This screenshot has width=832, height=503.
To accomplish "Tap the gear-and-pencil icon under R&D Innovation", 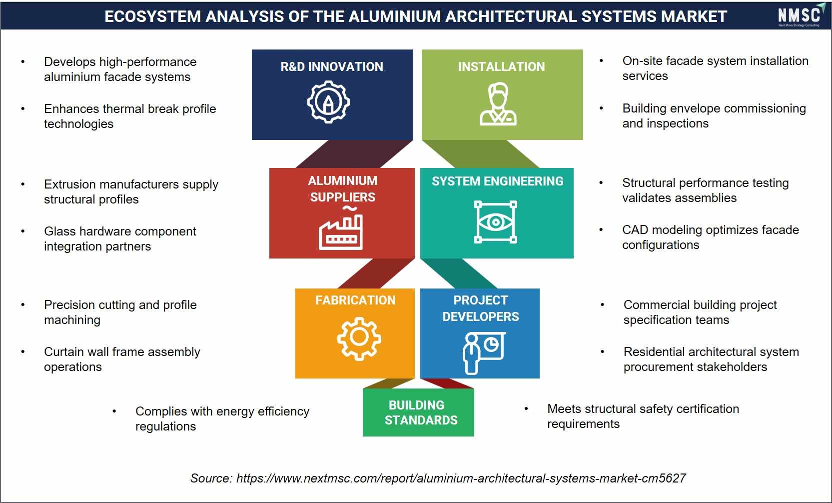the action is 328,101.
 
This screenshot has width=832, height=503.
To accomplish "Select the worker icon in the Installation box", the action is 498,103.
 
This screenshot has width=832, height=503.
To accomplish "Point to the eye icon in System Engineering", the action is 496,222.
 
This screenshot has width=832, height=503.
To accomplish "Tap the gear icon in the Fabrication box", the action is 359,338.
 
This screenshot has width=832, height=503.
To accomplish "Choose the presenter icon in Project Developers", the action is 484,353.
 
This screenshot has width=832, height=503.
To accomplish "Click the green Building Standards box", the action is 418,412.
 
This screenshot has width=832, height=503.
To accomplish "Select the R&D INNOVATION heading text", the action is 332,66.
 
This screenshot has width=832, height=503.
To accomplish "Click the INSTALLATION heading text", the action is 501,66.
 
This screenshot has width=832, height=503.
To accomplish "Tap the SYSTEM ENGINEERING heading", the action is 497,181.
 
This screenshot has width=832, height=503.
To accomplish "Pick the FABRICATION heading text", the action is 355,300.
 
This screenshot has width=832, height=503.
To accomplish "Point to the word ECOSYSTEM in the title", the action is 152,16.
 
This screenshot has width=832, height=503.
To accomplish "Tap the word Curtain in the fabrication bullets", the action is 65,351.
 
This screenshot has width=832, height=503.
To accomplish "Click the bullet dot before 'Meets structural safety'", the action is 526,409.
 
